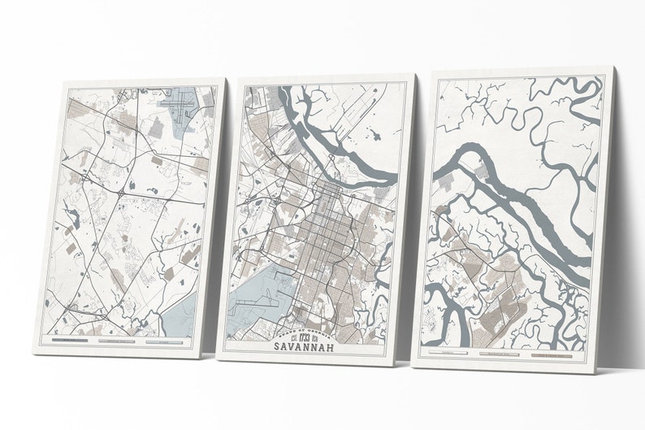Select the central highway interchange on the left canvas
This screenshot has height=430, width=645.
pyautogui.click(x=119, y=196)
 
